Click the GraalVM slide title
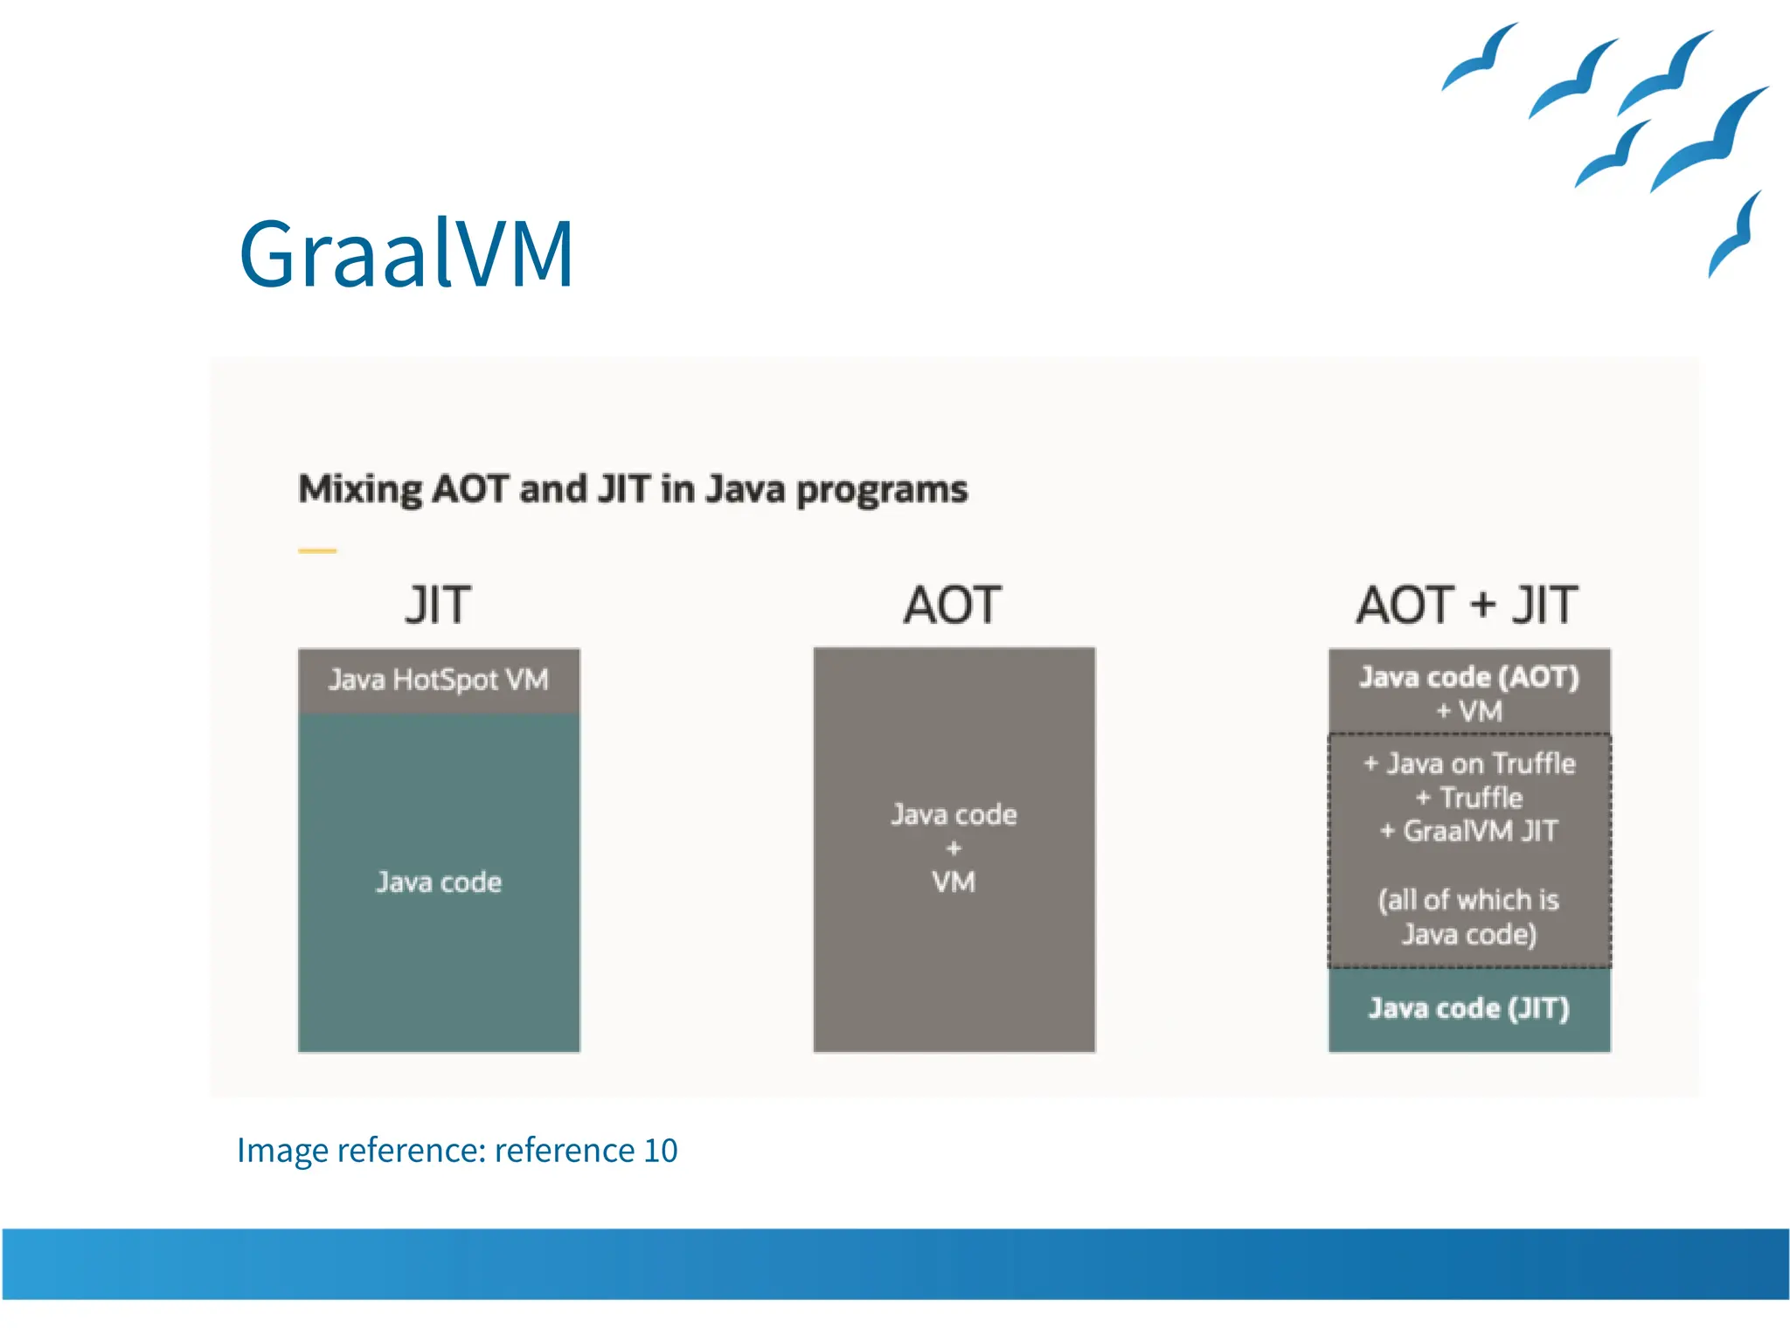(406, 253)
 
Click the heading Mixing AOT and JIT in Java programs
(633, 489)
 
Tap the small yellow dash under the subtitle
(317, 551)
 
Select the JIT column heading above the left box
(438, 605)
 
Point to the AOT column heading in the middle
(953, 605)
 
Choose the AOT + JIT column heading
(1467, 605)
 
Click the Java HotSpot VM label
(438, 680)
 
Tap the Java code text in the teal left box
(438, 882)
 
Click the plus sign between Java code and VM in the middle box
(953, 848)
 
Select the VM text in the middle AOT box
(953, 882)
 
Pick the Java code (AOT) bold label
(1468, 677)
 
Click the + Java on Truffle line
(1469, 764)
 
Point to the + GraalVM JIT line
(1469, 831)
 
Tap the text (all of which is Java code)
(1469, 917)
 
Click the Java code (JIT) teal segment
(1469, 1009)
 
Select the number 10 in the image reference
(660, 1151)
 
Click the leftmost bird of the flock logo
(1479, 59)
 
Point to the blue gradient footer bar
(895, 1263)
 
